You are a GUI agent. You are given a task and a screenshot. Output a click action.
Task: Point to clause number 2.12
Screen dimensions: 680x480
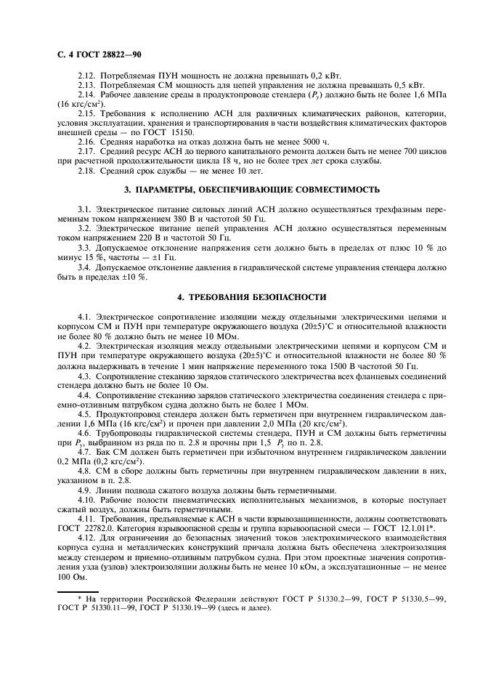click(x=86, y=76)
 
